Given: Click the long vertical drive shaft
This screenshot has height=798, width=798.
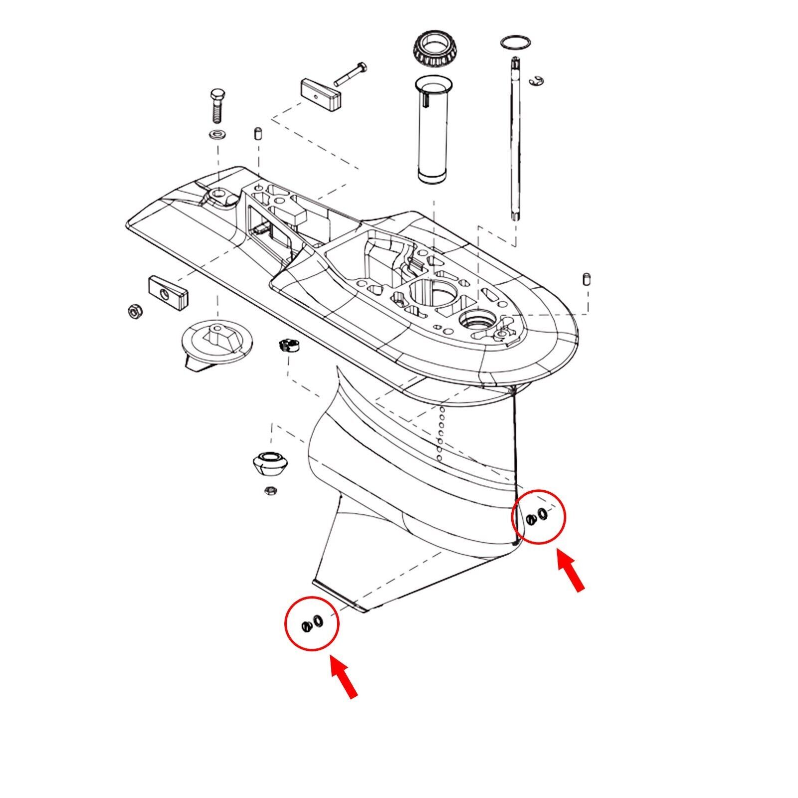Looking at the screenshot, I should pos(513,140).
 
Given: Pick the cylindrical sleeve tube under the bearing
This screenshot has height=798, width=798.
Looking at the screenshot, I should pos(432,130).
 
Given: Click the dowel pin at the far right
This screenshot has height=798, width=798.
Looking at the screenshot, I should pos(587,279).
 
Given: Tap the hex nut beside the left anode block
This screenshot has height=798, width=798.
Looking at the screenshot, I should pos(135,312).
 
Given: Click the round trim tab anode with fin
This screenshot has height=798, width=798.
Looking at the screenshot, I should pos(217,342).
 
